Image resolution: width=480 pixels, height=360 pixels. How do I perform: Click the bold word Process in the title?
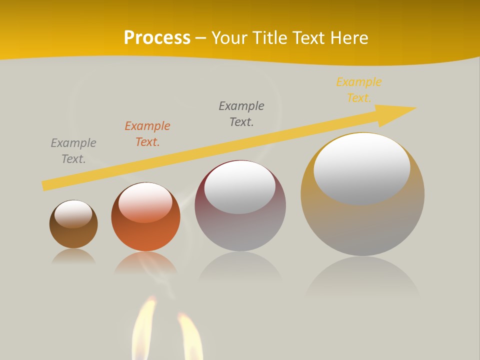(x=157, y=37)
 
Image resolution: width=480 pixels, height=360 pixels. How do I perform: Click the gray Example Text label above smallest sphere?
(x=73, y=151)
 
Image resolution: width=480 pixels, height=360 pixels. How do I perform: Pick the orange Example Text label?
(x=147, y=134)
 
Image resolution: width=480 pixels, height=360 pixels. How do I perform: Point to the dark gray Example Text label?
(x=241, y=114)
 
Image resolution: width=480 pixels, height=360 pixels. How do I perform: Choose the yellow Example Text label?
(x=359, y=90)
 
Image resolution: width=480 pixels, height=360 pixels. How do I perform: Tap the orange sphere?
(x=145, y=232)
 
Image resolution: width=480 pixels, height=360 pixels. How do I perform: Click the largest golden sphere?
(x=362, y=225)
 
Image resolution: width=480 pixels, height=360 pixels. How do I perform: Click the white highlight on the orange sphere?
(x=145, y=202)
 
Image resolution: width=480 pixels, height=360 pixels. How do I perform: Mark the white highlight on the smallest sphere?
(x=73, y=213)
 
